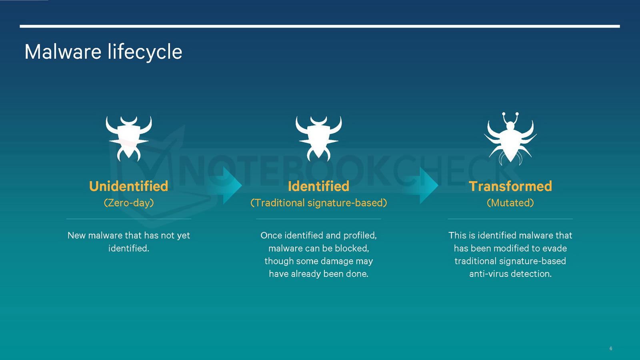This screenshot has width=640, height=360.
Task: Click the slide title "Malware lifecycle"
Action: click(103, 52)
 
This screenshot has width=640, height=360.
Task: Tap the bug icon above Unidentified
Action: click(128, 138)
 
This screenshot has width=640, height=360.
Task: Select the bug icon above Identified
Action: click(318, 138)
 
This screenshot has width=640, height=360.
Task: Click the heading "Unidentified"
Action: click(128, 186)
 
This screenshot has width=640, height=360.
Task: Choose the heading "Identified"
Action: click(318, 186)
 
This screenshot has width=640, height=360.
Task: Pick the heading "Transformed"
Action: click(510, 186)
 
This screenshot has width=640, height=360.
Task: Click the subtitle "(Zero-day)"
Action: click(128, 203)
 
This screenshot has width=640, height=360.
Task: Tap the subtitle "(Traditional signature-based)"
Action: click(318, 203)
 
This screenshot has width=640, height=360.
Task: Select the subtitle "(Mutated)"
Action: click(510, 203)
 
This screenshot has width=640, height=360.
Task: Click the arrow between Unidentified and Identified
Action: click(228, 186)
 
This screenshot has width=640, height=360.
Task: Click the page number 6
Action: click(611, 348)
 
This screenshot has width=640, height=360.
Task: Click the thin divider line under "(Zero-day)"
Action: click(129, 219)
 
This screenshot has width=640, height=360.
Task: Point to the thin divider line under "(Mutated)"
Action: click(510, 219)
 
